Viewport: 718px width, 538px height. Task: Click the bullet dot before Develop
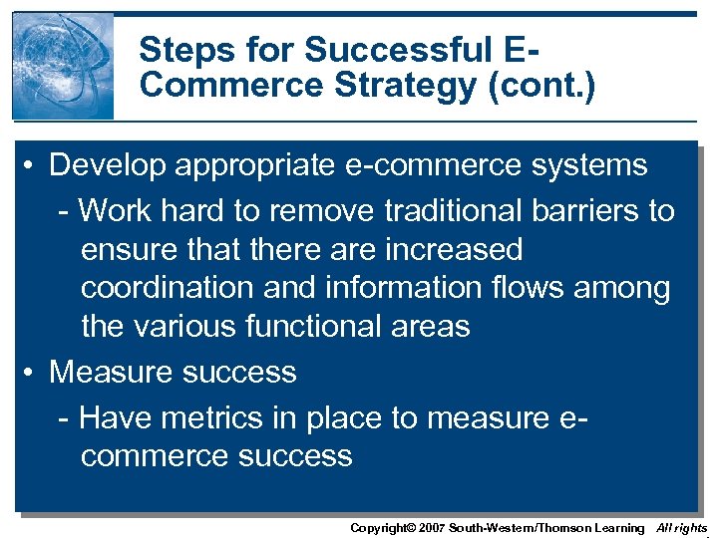pyautogui.click(x=32, y=165)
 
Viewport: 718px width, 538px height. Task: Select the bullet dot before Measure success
pyautogui.click(x=32, y=373)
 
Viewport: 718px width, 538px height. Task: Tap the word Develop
pyautogui.click(x=110, y=165)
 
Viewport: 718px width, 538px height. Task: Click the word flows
pyautogui.click(x=558, y=288)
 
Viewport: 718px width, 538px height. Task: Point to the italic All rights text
pyautogui.click(x=682, y=528)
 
